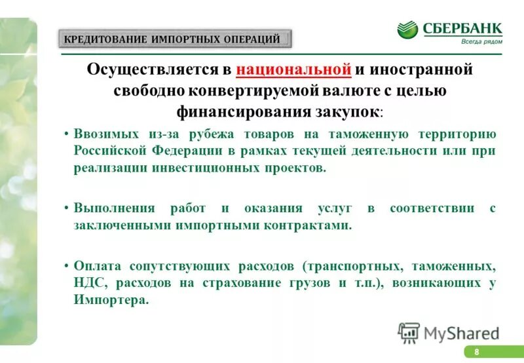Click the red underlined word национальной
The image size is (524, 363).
(294, 69)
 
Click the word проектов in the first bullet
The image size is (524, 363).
(294, 168)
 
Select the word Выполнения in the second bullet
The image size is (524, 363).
(114, 208)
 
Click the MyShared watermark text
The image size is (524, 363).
(461, 333)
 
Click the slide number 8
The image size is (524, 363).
(477, 353)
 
